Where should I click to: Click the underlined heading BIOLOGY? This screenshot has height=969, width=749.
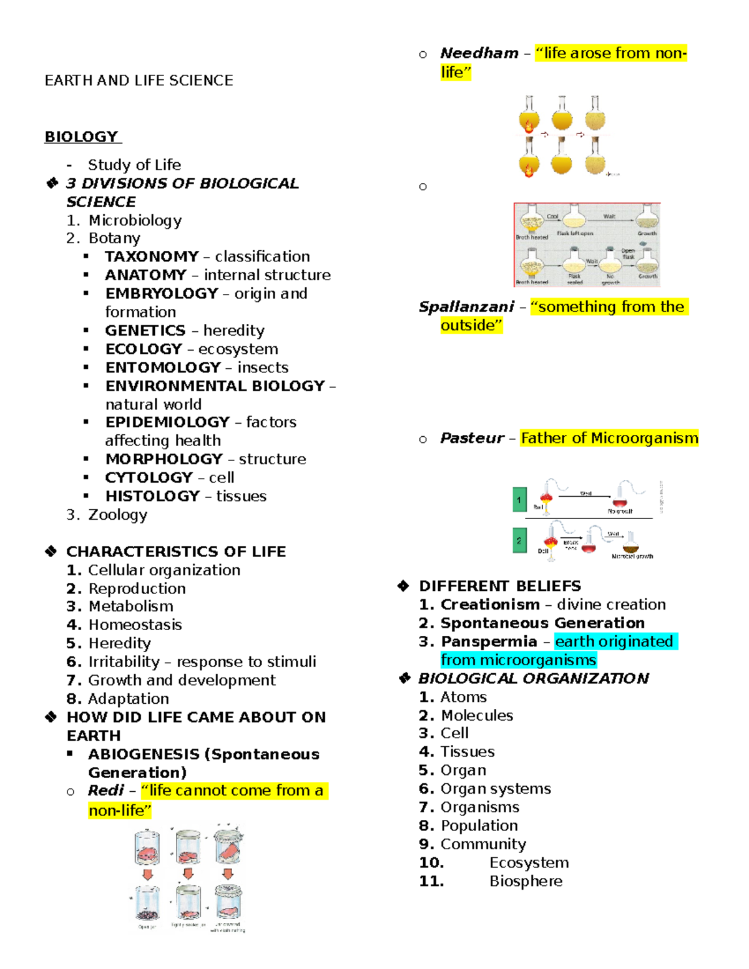pos(82,137)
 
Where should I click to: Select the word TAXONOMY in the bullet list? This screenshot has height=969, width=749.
pos(152,256)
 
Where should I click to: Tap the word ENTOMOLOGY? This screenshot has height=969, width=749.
pos(163,368)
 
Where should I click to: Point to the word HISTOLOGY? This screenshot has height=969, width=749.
pos(152,496)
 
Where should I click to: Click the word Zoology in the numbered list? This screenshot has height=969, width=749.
pos(118,515)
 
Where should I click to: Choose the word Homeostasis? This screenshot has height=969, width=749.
pos(135,625)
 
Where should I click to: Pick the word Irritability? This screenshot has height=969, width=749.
pos(124,661)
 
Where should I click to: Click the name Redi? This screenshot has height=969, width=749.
pos(106,791)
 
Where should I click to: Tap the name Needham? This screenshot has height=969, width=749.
pos(479,53)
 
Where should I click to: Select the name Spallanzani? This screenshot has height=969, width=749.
pos(466,307)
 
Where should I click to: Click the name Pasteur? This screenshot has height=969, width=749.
pos(472,438)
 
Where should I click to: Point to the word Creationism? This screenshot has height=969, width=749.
pos(490,605)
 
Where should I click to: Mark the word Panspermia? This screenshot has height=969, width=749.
pos(489,641)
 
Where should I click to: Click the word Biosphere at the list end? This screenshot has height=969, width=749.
pos(526,881)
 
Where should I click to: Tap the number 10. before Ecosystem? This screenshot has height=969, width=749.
pos(431,863)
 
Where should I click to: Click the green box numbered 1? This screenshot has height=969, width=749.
pos(519,500)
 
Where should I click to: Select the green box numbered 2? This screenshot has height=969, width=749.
pos(519,540)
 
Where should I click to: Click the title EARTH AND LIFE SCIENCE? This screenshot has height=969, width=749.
pos(139,80)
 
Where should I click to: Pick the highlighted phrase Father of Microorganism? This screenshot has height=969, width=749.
pos(609,438)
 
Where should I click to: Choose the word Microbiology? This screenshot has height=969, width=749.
pos(135,220)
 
